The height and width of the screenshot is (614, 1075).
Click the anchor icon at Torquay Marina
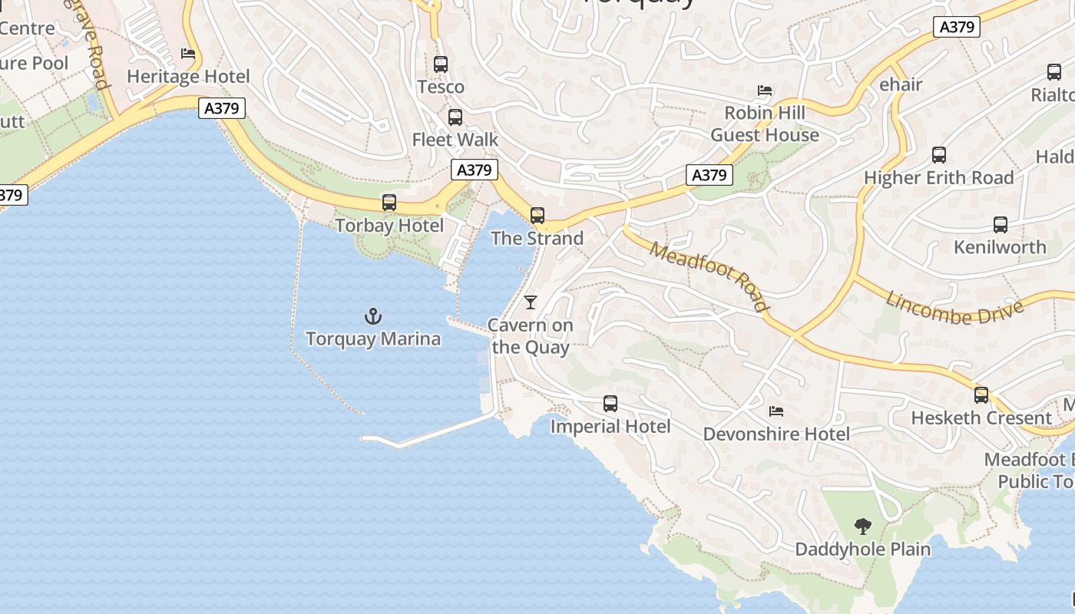[x=372, y=315]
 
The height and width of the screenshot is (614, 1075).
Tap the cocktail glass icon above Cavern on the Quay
[x=531, y=302]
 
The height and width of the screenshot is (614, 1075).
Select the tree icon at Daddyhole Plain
[x=863, y=527]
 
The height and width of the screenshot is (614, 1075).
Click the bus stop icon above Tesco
[x=441, y=64]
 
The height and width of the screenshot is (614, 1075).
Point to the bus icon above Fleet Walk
[x=455, y=117]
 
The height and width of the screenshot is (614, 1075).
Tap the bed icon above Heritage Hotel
[x=188, y=54]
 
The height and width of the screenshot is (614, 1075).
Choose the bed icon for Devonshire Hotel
[x=776, y=411]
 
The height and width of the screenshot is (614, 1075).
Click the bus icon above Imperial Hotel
[x=610, y=404]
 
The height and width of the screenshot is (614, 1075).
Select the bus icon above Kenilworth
[x=1000, y=225]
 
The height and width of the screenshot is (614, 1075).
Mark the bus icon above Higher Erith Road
[x=938, y=155]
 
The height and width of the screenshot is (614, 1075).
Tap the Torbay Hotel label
[x=389, y=226]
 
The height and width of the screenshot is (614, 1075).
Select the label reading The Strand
[x=537, y=239]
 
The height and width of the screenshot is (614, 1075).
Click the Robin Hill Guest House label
[x=765, y=124]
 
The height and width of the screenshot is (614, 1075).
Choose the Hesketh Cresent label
[x=981, y=418]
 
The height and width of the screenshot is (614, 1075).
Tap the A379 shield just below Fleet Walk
[x=474, y=170]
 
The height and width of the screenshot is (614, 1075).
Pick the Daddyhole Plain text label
[x=863, y=550]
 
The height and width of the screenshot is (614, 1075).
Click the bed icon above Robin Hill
[x=765, y=91]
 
